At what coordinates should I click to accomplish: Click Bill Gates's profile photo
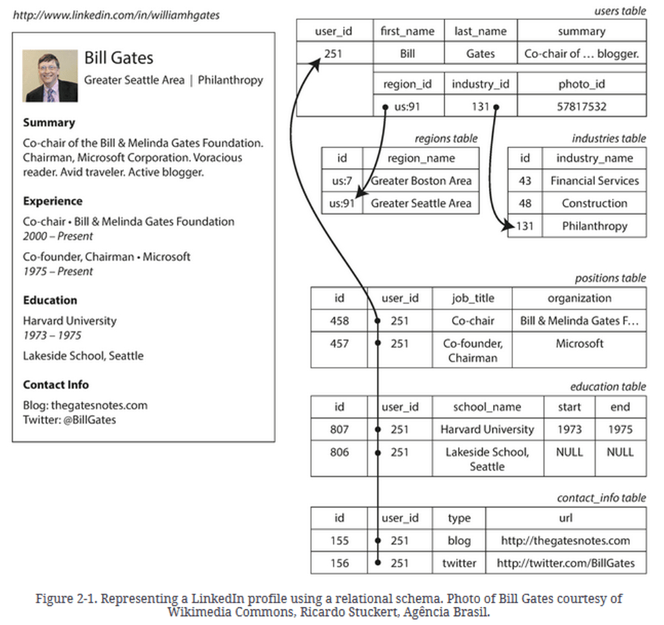[50, 75]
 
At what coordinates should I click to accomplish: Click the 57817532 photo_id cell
[581, 106]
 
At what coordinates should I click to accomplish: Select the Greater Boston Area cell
[421, 181]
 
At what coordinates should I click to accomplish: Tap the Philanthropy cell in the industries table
[594, 226]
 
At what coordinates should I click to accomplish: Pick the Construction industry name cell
[594, 203]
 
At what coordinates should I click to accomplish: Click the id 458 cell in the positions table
[339, 320]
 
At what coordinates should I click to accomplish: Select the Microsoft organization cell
[579, 343]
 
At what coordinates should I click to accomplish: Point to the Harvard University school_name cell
[487, 429]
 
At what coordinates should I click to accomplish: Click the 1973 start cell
[569, 429]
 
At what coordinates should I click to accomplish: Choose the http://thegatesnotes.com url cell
[565, 540]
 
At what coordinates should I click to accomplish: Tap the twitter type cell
[459, 563]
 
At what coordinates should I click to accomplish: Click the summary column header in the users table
[581, 31]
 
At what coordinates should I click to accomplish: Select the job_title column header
[473, 298]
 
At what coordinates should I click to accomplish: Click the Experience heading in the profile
[53, 201]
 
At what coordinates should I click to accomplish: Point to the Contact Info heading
[56, 384]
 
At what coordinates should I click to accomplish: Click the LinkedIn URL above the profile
[116, 14]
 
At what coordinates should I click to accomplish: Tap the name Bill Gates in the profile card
[118, 57]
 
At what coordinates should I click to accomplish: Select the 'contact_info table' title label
[601, 497]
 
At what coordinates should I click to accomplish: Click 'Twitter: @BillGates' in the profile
[69, 420]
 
